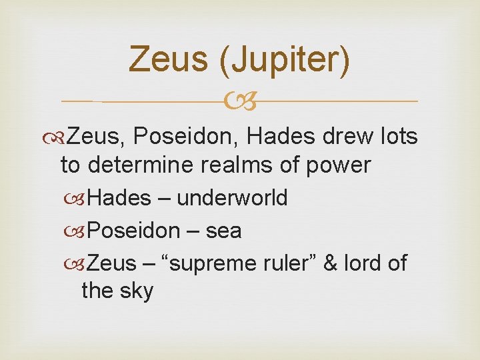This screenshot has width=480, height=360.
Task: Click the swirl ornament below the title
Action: pos(240,102)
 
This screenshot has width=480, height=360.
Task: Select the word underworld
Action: pos(232,198)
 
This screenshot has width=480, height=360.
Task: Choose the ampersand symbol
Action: pos(330,264)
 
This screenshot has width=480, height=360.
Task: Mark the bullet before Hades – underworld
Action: pos(80,199)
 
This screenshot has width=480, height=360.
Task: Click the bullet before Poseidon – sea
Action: pos(80,231)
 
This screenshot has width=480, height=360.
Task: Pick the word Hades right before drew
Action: pos(285,137)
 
